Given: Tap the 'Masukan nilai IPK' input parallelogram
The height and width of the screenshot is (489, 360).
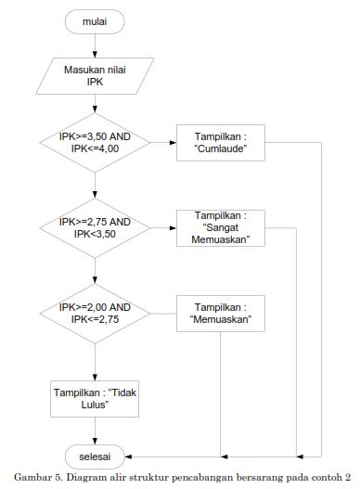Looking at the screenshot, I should [x=95, y=75].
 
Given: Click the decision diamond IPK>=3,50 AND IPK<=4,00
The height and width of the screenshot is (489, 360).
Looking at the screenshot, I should [x=95, y=143].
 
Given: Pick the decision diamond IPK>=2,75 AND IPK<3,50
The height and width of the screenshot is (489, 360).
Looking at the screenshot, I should [x=95, y=228].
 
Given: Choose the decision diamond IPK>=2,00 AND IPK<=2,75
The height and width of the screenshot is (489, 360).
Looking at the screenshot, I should [x=95, y=314].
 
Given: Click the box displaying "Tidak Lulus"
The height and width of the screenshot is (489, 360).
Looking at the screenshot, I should [x=89, y=399].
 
